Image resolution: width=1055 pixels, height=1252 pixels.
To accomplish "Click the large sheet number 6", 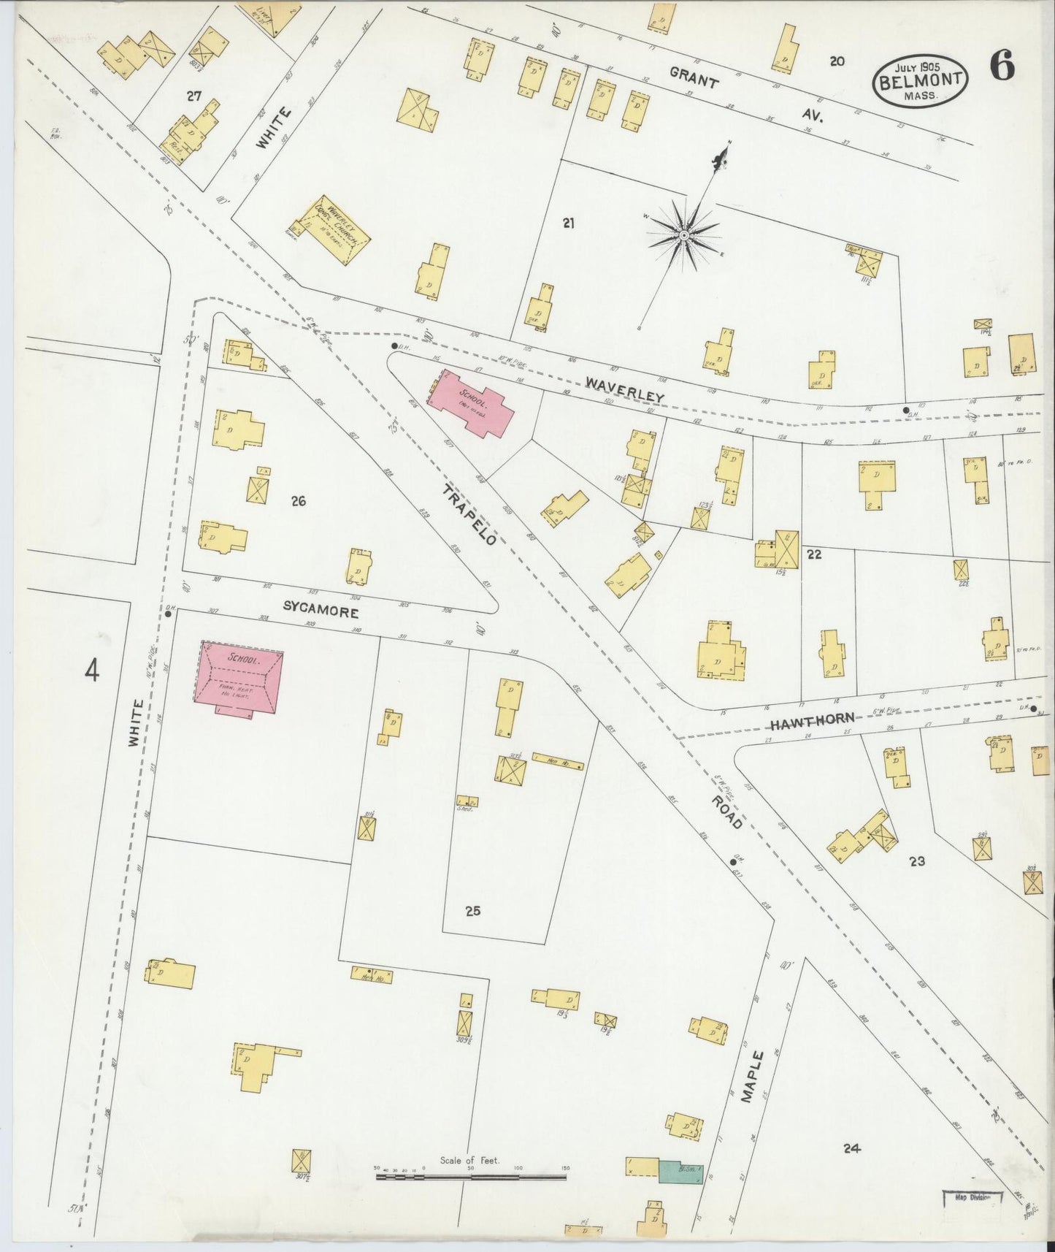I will coord(1002,68).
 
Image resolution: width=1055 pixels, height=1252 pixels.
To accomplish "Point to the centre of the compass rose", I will coord(684,235).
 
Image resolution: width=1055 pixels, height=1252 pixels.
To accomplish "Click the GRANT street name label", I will coord(693,77).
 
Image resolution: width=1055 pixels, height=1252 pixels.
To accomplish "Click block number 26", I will coord(298,501).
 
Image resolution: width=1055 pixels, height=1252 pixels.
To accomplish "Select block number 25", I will coord(473,911).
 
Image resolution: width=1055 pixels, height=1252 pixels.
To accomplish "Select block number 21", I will coord(569,224).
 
